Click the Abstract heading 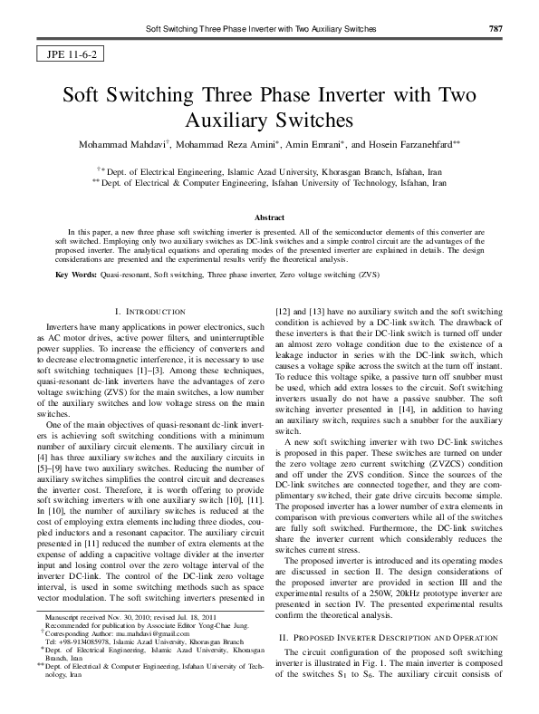269,218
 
